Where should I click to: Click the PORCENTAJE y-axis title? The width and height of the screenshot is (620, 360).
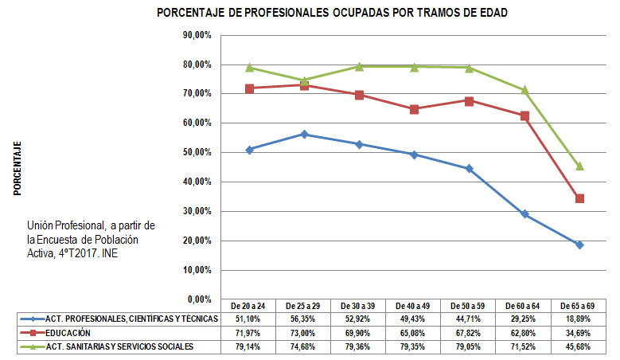point(17,168)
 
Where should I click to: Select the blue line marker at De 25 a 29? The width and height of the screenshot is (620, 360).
point(304,135)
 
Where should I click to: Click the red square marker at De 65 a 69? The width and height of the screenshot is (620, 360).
point(579,198)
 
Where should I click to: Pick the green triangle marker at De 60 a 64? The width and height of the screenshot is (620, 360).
point(524,90)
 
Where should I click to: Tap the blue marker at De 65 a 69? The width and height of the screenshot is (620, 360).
point(579,245)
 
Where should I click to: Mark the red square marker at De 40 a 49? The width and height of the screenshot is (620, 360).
point(414,109)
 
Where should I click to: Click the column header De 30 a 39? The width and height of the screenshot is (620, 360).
point(359,306)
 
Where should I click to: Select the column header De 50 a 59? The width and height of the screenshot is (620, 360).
point(469,306)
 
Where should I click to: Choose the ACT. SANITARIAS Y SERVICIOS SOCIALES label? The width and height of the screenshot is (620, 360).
point(120,346)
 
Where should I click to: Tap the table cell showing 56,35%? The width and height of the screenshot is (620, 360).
point(304,319)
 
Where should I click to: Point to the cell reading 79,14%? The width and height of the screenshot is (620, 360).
point(249,346)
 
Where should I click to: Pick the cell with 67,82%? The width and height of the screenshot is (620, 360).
point(469,333)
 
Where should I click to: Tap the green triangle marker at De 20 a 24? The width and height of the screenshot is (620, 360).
point(249,68)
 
